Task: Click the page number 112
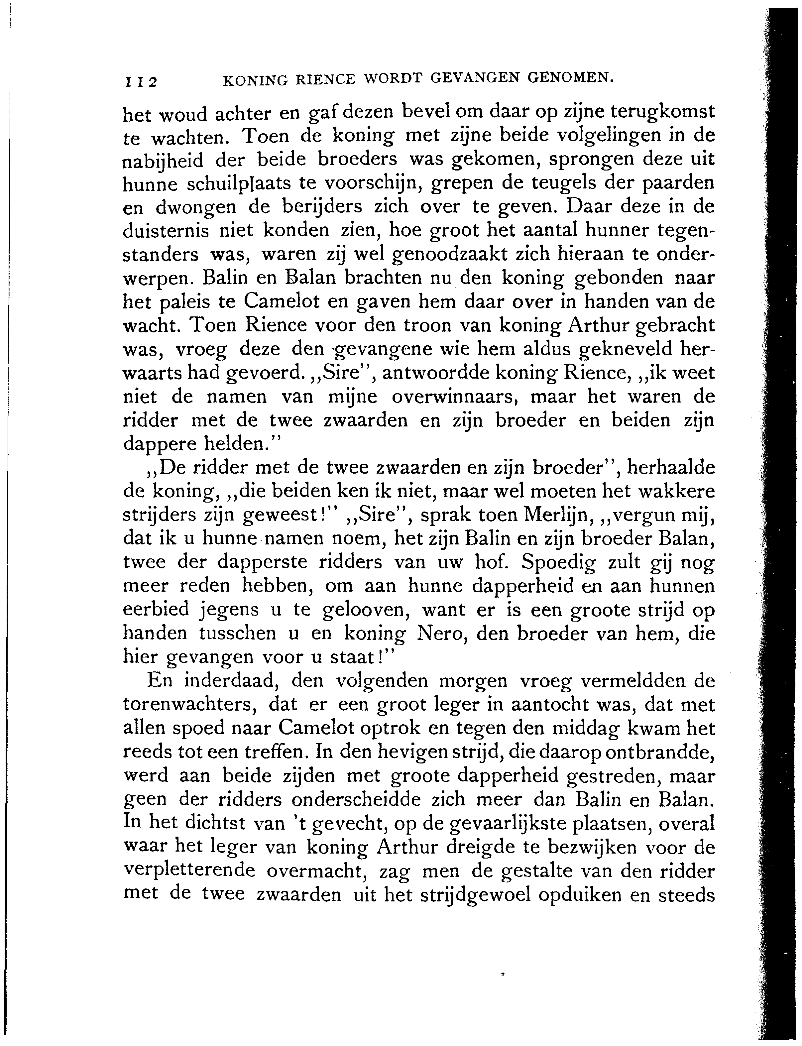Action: click(x=141, y=82)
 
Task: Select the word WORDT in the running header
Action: click(x=393, y=78)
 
